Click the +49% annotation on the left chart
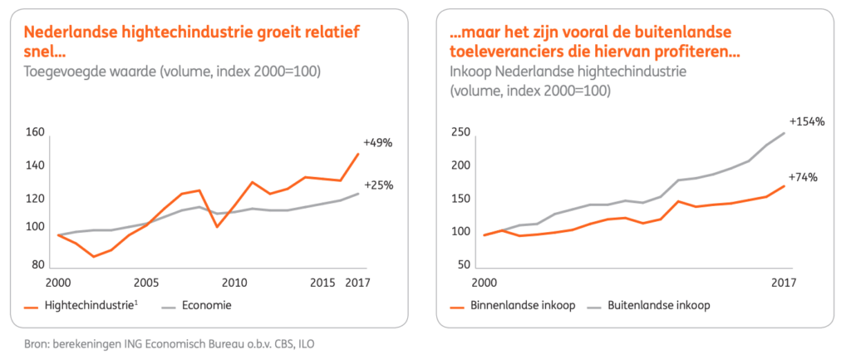click(x=377, y=142)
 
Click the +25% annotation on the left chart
click(x=377, y=185)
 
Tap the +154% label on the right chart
click(x=807, y=121)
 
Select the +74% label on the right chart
click(x=803, y=177)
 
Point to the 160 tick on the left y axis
click(x=35, y=132)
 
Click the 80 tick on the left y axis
click(x=38, y=265)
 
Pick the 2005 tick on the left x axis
click(x=146, y=282)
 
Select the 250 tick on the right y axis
click(x=460, y=132)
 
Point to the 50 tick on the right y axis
click(x=464, y=265)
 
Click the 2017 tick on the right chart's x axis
click(x=784, y=282)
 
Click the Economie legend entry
click(x=209, y=305)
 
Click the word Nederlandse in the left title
click(x=70, y=32)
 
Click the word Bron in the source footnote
click(x=37, y=343)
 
